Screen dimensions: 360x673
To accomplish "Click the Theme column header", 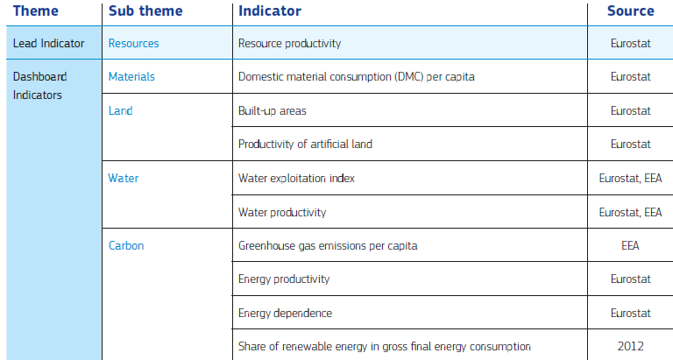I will pos(35,11).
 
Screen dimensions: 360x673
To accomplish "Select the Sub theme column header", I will pos(145,11).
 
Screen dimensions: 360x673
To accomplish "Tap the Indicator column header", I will pos(270,11).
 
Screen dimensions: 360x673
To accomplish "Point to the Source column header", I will pos(630,11).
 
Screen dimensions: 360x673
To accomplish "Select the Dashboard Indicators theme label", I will pos(39,86).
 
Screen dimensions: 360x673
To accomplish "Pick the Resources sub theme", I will pos(133,43).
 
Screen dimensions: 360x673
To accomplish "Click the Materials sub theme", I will pos(131,76).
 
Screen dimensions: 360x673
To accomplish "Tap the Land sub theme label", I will pos(120,110).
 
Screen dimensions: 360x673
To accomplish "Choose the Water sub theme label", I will pos(124,178).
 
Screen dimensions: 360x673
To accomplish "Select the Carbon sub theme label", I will pos(126,245).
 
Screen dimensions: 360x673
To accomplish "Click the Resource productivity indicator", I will pos(289,43).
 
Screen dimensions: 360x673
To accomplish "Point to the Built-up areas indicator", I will pos(272,110).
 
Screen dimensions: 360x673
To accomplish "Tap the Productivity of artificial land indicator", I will pos(305,144).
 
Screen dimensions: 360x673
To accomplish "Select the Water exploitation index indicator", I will pos(296,178).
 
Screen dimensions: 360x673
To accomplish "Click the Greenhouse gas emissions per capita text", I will pos(328,245).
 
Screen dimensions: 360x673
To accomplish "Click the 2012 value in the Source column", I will pos(630,346).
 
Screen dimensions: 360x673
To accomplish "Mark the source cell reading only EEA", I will pos(630,245).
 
